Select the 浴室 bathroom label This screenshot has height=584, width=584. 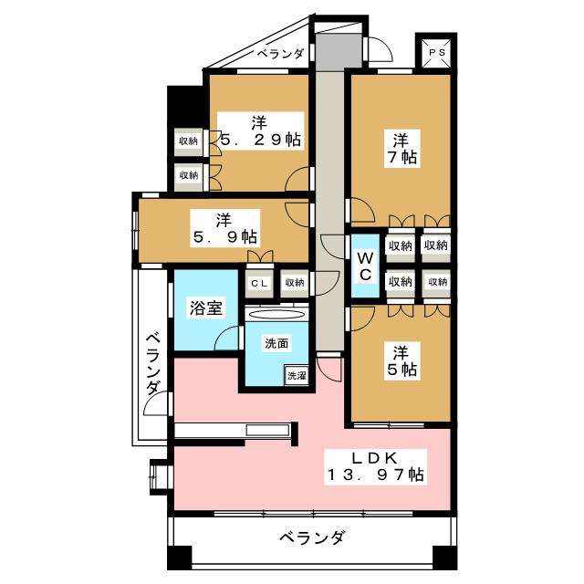206,308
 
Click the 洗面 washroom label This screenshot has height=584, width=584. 276,344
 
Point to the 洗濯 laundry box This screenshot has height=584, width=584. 297,374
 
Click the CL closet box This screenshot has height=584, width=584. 259,282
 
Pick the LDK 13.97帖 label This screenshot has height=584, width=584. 374,465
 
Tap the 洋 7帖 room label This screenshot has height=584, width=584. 401,149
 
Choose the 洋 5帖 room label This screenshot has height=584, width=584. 401,360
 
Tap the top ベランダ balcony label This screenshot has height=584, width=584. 279,54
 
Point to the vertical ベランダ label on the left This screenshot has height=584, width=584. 153,362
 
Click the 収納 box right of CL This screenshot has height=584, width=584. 293,282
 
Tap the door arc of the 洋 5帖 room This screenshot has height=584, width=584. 360,318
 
